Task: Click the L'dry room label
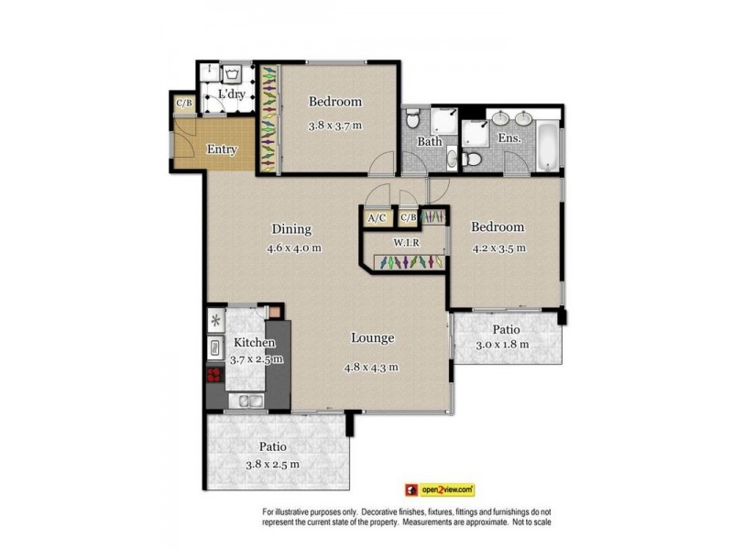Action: click(x=229, y=94)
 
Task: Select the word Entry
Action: click(x=222, y=149)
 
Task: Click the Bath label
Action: click(x=430, y=142)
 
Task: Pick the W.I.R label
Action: click(x=407, y=243)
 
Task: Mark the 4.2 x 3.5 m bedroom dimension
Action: click(x=498, y=247)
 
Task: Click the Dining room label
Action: click(x=291, y=229)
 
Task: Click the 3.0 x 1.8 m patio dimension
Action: click(x=503, y=345)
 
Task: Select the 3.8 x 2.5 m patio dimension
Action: click(x=272, y=464)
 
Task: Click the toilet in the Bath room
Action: click(x=414, y=118)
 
